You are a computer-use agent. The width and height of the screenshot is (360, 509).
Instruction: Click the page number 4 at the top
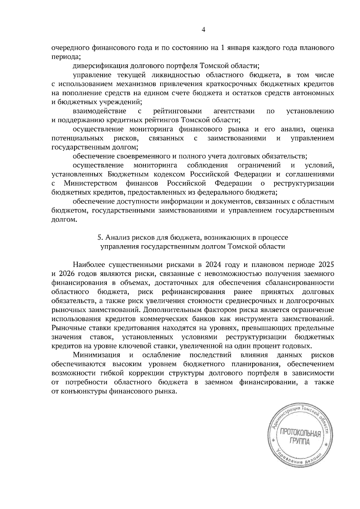pos(204,29)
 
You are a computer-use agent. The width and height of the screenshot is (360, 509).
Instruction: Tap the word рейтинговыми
pos(178,111)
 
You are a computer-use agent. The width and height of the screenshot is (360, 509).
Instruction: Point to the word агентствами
pos(234,111)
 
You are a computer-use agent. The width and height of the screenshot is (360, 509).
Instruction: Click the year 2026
pos(67,274)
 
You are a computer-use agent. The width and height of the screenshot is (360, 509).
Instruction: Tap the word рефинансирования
pos(193,292)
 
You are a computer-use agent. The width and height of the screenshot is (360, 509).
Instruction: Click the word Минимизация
pos(97,355)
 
